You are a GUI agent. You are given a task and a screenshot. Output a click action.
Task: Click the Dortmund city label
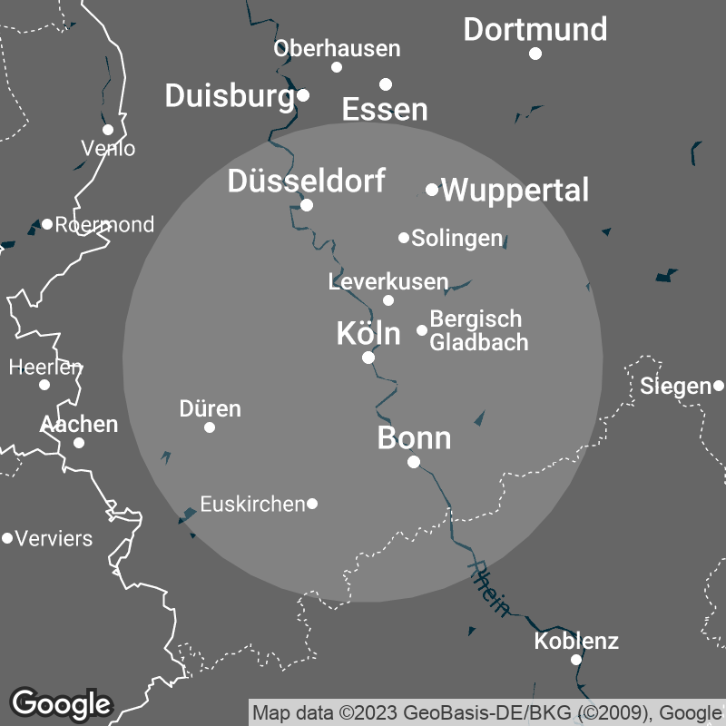535,29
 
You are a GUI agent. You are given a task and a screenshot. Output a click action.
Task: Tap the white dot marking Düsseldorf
307,205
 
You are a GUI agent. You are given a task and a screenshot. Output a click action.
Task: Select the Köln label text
368,333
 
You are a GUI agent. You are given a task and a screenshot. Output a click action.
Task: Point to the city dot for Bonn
414,462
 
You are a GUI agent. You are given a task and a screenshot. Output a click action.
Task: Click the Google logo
61,702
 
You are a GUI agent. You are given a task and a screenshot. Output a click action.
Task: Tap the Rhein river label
488,589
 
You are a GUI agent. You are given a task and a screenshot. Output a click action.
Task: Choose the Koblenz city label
576,642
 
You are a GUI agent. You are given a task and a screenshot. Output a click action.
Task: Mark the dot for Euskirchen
312,504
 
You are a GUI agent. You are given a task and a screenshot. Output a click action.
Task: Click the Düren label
210,408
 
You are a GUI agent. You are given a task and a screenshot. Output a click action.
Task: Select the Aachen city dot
79,443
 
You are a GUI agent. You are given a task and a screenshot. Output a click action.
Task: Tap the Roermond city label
104,224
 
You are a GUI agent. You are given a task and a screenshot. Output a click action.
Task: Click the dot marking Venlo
108,130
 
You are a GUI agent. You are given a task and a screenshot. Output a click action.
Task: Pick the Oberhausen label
337,48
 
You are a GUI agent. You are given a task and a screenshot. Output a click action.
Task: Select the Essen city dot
386,84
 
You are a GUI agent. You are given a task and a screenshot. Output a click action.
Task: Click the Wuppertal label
515,191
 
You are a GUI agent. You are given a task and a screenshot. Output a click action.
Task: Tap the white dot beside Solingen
404,238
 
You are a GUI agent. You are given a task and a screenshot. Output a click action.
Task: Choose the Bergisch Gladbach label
477,330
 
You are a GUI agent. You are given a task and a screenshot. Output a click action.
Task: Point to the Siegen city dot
719,386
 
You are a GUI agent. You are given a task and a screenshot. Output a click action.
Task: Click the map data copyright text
487,711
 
